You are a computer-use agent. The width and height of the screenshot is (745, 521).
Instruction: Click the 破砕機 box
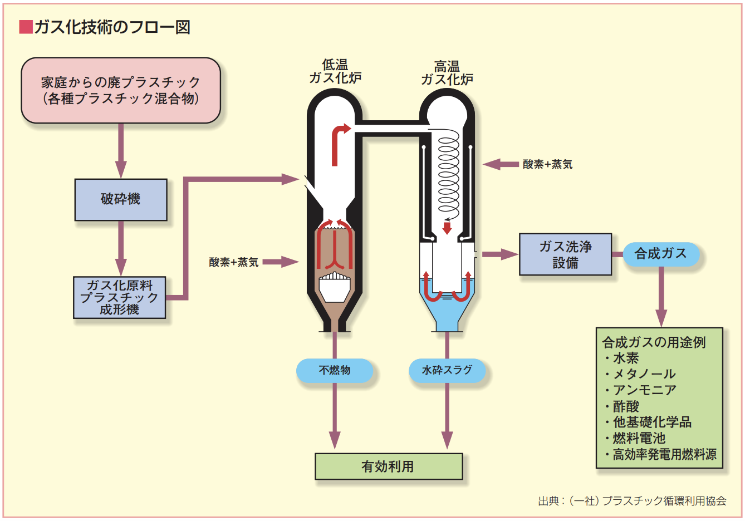pos(121,199)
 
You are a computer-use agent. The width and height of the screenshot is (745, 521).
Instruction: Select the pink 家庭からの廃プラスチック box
pos(121,90)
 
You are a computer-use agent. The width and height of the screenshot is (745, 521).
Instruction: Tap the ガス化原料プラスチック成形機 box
pos(119,298)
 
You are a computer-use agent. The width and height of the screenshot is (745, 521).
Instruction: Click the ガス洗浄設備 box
pos(565,254)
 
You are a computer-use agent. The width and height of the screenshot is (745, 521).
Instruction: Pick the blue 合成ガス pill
pos(660,254)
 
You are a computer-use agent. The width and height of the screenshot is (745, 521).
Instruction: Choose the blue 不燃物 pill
pos(334,370)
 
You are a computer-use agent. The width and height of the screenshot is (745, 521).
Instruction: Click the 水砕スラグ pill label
pos(447,370)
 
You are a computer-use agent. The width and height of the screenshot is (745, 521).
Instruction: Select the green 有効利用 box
pos(388,466)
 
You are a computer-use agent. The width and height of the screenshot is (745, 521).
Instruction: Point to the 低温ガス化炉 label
pos(335,72)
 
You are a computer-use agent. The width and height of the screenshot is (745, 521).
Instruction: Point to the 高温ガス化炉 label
pos(447,73)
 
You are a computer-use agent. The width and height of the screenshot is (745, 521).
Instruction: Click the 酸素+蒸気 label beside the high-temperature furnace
pos(547,164)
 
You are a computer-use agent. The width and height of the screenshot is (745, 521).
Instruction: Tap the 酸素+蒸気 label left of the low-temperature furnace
pos(234,262)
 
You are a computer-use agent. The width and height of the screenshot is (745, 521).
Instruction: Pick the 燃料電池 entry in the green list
pos(639,438)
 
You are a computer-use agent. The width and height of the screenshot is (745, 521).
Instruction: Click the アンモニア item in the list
pos(644,390)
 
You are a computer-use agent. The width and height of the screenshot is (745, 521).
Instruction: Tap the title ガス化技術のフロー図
pos(112,27)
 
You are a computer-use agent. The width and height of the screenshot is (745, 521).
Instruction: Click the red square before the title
pos(26,27)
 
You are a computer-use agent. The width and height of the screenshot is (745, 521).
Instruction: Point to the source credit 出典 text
pos(632,501)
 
